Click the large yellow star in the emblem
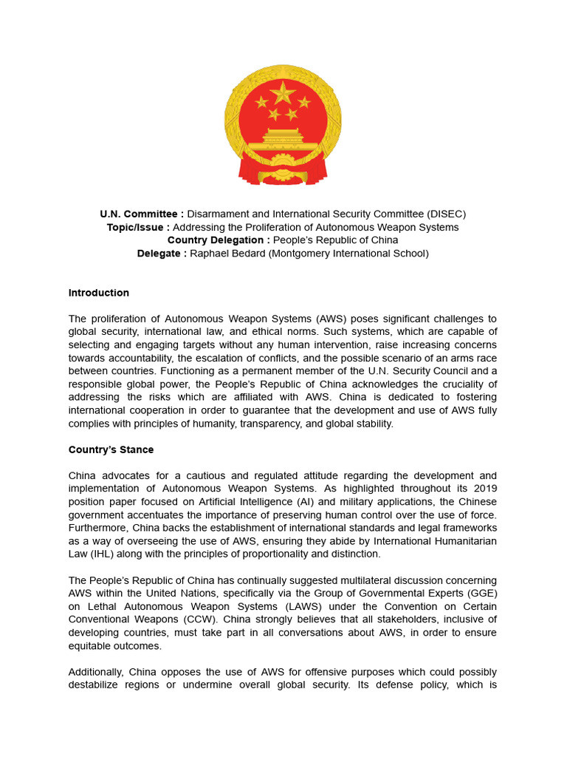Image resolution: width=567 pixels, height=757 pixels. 282,93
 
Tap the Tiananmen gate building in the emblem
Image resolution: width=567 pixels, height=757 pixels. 283,136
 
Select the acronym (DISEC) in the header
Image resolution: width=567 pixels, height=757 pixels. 440,214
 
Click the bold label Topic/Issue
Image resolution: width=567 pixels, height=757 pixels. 138,228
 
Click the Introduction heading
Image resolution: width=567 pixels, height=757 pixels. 99,293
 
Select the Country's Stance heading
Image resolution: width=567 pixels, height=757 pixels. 111,449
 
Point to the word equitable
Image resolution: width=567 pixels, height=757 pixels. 94,645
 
